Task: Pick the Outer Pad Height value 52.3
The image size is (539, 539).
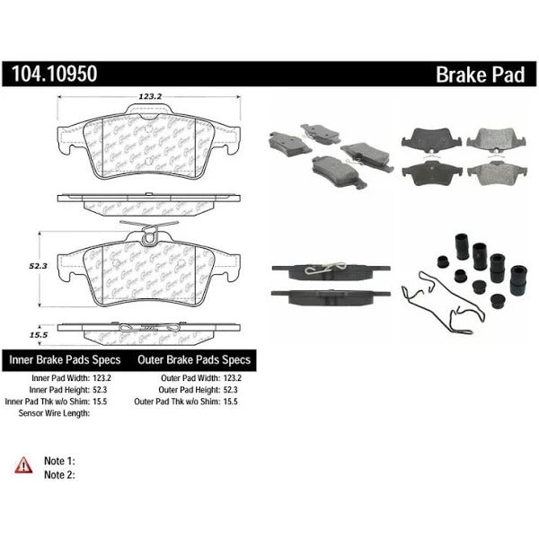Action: [x=235, y=391]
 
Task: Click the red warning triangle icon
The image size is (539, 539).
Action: [x=22, y=464]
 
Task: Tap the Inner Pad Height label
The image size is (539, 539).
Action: [x=62, y=391]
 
